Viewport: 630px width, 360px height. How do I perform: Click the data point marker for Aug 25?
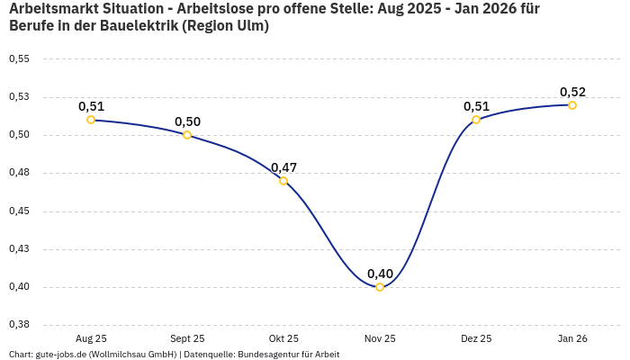point(91,120)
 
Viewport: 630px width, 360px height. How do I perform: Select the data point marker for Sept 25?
point(187,135)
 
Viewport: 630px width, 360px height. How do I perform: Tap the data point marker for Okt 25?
point(283,181)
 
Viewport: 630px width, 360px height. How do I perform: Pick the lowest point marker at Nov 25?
point(380,287)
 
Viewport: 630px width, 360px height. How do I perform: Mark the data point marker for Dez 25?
point(476,120)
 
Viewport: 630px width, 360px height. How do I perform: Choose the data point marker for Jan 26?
point(572,105)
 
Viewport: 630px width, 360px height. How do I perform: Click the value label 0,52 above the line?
point(572,92)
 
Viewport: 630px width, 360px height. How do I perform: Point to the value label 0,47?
point(283,167)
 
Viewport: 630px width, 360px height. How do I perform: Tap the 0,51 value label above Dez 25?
point(476,106)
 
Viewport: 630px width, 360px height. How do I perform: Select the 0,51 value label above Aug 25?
point(91,106)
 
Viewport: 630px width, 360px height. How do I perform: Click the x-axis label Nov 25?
point(380,338)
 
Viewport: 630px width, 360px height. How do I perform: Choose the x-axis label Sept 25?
point(187,338)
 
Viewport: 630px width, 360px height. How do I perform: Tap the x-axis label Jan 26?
point(572,338)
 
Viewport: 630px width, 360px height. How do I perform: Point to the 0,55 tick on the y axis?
point(19,59)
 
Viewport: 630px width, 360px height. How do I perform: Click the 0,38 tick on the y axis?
point(19,325)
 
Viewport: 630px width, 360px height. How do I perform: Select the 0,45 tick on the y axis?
point(19,211)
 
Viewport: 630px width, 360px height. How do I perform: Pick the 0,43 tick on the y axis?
point(19,249)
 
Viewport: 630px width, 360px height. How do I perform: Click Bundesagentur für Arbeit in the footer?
point(288,354)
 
